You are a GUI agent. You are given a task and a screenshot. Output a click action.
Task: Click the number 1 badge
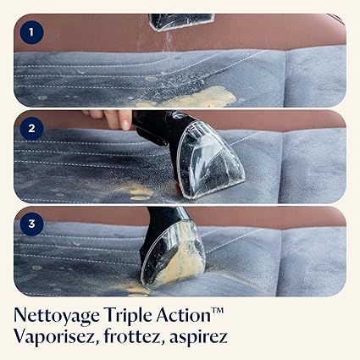(31, 32)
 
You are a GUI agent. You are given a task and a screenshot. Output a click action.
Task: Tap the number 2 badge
(31, 128)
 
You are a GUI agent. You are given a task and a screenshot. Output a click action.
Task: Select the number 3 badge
(31, 224)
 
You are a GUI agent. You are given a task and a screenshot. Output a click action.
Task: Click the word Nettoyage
(57, 316)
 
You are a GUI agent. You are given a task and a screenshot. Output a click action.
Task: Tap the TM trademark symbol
(218, 311)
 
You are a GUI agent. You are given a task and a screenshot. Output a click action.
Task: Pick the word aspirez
(198, 338)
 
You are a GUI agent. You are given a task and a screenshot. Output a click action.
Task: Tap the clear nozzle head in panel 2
(210, 158)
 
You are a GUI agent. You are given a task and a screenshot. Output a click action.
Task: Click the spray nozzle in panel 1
(180, 22)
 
